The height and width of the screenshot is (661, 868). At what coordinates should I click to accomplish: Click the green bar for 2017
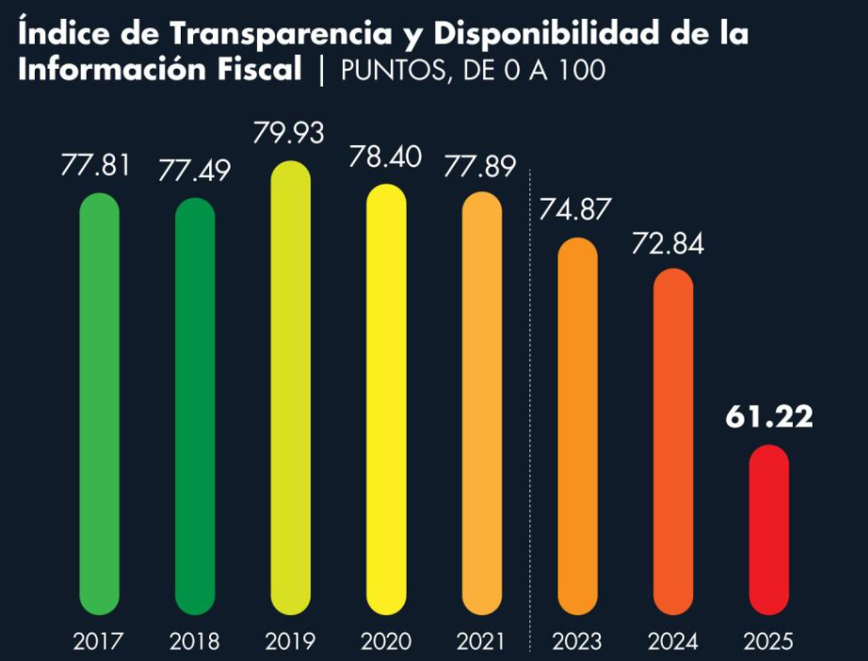point(99,405)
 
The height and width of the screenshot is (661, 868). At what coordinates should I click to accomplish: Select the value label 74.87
point(576,210)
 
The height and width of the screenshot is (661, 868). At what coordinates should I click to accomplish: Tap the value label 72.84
point(672,243)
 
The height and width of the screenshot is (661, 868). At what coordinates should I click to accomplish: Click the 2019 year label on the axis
point(290,642)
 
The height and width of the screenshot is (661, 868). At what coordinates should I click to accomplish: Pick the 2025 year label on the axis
point(768,642)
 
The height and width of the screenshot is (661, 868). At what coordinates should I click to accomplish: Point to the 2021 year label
point(482,642)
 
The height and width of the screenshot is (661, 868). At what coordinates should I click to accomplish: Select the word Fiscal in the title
point(255,71)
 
